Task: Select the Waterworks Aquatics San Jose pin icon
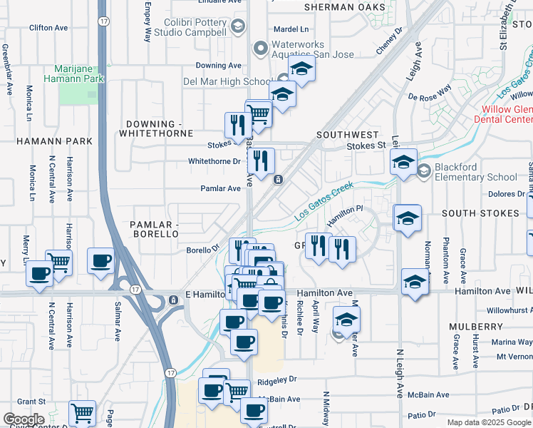pyautogui.click(x=260, y=49)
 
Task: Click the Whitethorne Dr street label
pyautogui.click(x=214, y=161)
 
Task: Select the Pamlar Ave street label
pyautogui.click(x=220, y=189)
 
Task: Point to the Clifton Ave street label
pyautogui.click(x=48, y=28)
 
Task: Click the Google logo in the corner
pyautogui.click(x=24, y=419)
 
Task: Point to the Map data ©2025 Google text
pyautogui.click(x=489, y=422)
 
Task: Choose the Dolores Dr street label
pyautogui.click(x=505, y=194)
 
